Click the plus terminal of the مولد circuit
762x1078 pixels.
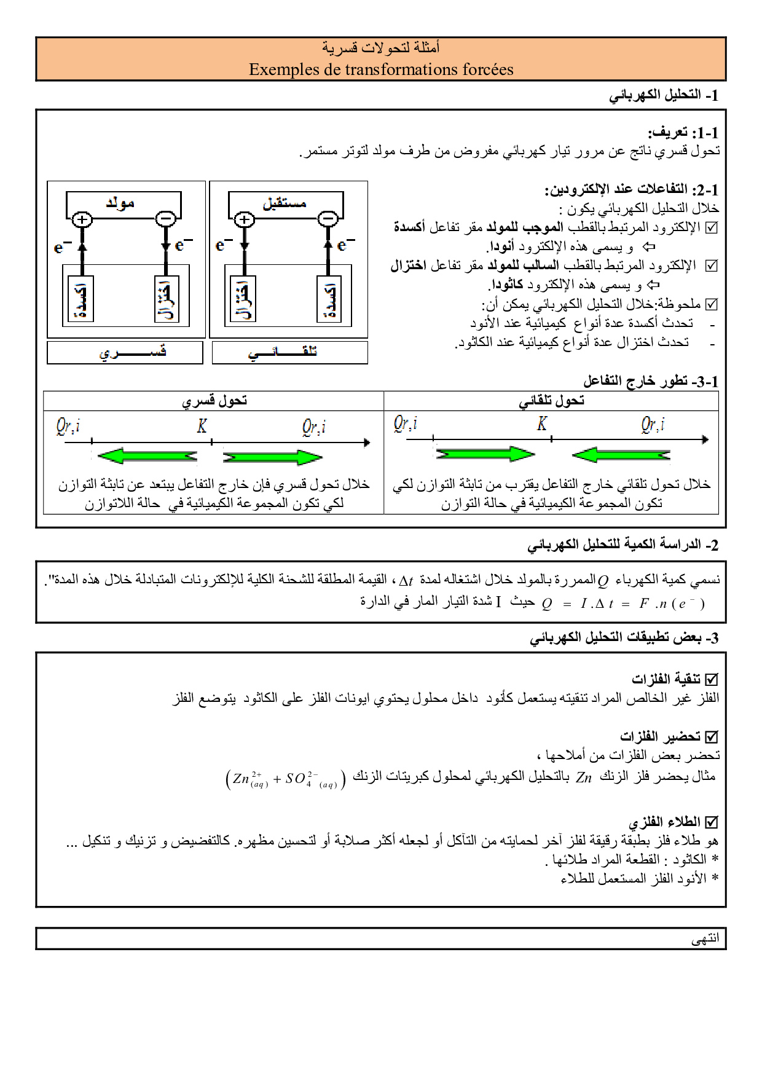point(82,219)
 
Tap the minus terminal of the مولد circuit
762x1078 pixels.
point(165,219)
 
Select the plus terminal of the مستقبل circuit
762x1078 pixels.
point(245,219)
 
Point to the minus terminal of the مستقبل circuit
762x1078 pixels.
point(328,219)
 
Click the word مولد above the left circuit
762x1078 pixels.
point(120,203)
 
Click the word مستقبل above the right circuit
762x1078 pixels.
point(285,203)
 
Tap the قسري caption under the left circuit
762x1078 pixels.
point(132,352)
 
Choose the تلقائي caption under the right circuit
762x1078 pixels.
point(283,352)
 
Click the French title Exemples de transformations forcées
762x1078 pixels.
point(381,69)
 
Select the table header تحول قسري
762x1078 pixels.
point(214,401)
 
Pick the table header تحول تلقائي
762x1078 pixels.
point(551,401)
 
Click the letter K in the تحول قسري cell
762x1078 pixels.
point(202,426)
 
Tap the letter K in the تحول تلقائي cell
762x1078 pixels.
point(541,423)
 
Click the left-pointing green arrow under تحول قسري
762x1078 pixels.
point(147,456)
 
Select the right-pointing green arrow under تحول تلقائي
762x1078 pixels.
point(485,454)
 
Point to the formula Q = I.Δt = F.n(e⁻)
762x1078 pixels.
point(623,604)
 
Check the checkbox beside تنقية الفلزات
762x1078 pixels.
point(712,679)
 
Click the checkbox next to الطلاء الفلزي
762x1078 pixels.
point(712,822)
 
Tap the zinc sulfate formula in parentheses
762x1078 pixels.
point(285,779)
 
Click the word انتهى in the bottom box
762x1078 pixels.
point(705,938)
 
